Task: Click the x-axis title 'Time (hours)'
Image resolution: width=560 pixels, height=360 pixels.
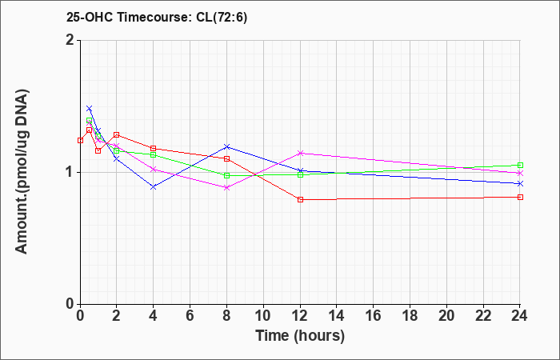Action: click(300, 335)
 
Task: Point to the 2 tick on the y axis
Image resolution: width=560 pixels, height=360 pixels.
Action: click(70, 40)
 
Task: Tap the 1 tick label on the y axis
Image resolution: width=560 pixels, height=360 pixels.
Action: click(70, 172)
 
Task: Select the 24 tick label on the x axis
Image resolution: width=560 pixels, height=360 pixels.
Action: click(520, 316)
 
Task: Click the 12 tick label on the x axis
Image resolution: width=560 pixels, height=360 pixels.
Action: click(300, 316)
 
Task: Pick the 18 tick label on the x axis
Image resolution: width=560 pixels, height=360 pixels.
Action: click(410, 316)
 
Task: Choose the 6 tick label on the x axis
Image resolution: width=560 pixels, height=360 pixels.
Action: click(190, 316)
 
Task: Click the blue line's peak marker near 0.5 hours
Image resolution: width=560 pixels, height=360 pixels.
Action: click(89, 108)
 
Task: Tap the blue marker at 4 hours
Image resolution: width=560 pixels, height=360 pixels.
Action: click(153, 186)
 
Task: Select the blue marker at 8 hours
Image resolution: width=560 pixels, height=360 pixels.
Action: click(226, 146)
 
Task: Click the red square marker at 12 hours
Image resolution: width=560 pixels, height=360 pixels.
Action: click(300, 199)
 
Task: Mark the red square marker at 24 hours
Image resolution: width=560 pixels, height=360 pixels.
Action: click(520, 197)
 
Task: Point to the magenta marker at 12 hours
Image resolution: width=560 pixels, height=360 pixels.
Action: click(300, 153)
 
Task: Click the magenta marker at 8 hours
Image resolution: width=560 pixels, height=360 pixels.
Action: click(226, 187)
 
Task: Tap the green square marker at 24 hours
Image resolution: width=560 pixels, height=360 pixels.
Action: click(520, 165)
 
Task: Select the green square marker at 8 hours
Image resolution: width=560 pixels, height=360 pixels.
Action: click(226, 175)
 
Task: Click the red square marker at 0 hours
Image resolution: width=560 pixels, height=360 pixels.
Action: click(80, 140)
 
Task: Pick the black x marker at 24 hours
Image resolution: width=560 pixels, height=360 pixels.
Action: click(520, 183)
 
